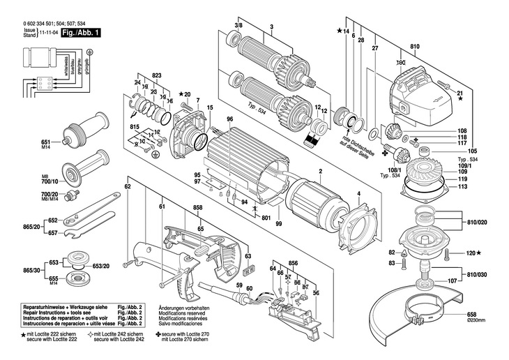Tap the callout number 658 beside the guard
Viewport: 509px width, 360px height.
pos(472,315)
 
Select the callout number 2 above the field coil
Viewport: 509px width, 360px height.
pos(320,171)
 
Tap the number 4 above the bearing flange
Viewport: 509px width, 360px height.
pos(359,193)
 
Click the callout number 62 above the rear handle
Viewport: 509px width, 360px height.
pos(128,187)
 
